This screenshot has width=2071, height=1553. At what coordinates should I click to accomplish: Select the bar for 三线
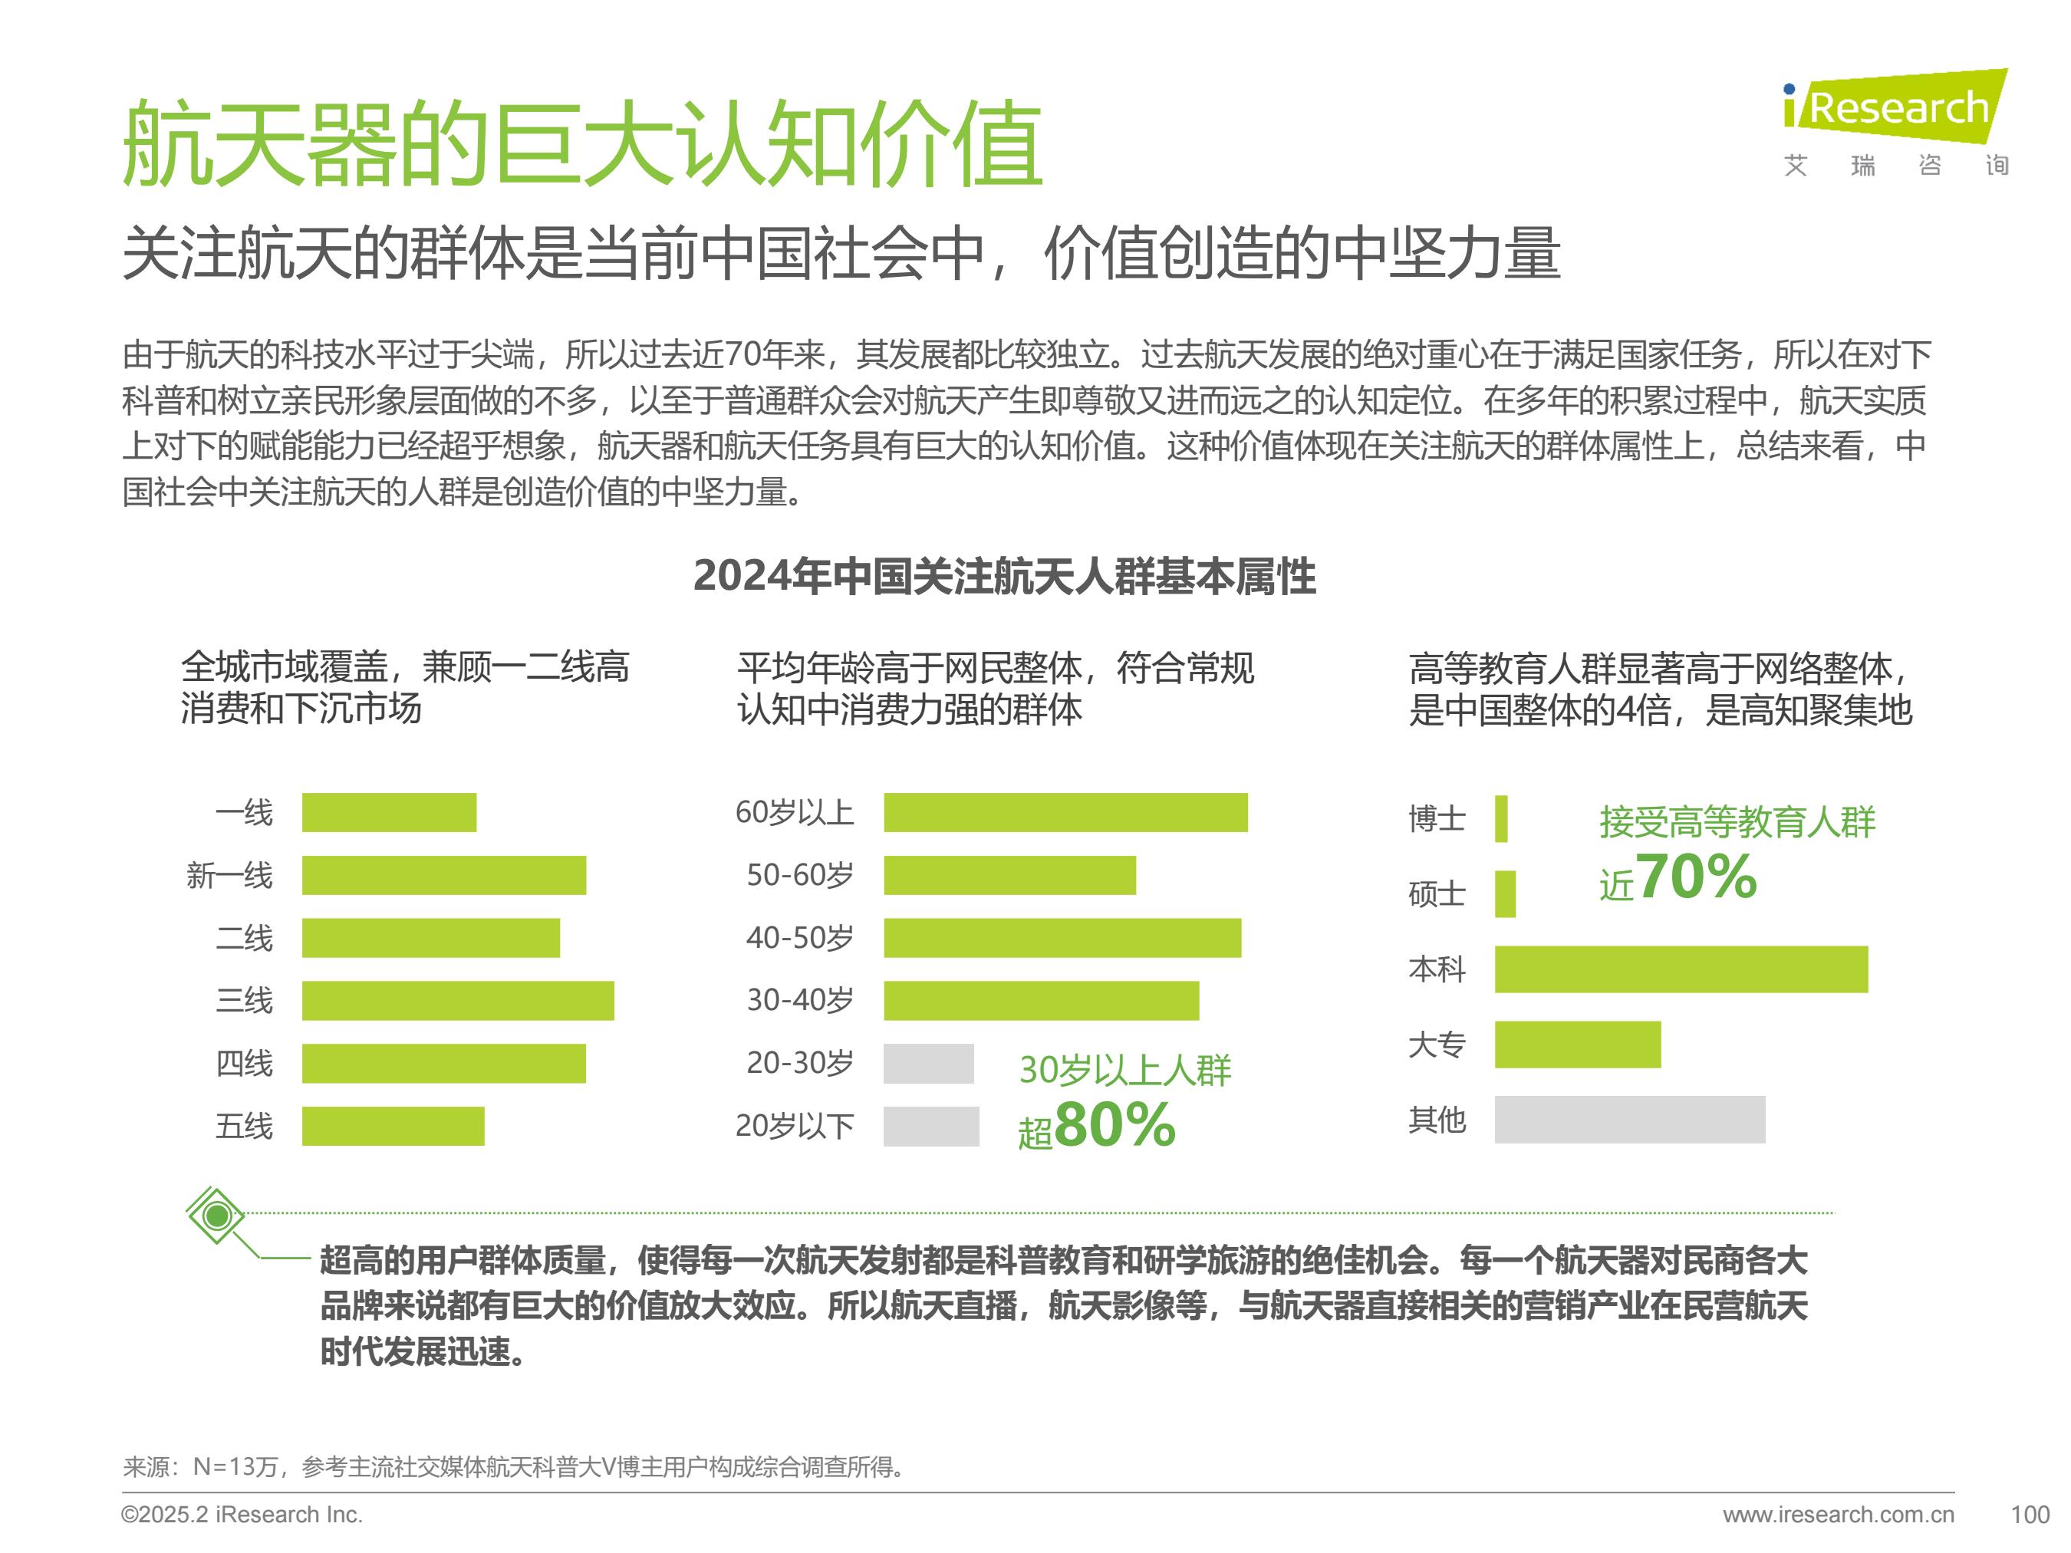tap(458, 1001)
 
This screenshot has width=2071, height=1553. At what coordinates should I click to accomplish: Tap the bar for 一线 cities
tap(389, 812)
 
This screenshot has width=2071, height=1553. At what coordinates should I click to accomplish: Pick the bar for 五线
tap(393, 1126)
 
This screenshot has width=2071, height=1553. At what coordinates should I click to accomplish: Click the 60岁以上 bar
tap(1065, 812)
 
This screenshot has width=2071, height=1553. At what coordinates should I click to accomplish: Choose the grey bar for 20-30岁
tap(929, 1064)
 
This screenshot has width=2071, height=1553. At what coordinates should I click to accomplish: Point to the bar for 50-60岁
tap(1009, 875)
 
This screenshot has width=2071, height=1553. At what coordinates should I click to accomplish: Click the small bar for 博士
tap(1502, 819)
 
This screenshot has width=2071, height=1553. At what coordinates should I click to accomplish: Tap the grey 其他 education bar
tap(1629, 1120)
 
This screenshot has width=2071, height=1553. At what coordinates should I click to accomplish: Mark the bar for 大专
tap(1578, 1045)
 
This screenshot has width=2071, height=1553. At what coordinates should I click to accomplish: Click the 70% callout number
tap(1697, 877)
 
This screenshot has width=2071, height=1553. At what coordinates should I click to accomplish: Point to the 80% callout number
tap(1115, 1124)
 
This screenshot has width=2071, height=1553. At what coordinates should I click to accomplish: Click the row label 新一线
tap(229, 876)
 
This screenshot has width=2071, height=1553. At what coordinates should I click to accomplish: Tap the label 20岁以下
tap(794, 1126)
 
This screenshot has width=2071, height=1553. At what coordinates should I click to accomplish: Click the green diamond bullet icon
tap(216, 1216)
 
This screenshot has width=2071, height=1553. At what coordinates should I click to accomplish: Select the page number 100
tap(2030, 1515)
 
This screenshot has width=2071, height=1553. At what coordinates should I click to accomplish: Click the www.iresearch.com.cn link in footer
tap(1838, 1515)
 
